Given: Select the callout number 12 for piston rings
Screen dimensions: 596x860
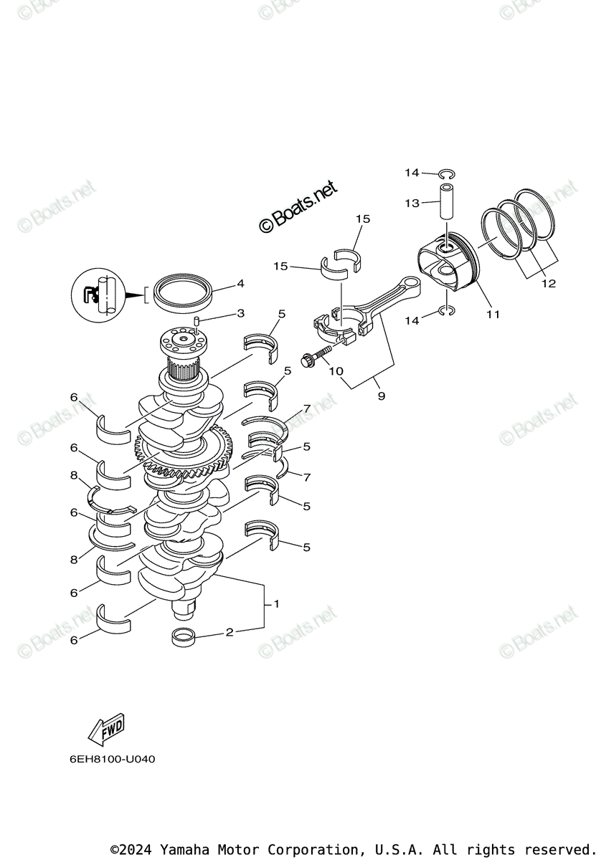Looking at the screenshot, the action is click(x=548, y=284).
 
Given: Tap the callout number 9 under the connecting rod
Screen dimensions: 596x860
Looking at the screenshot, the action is click(x=381, y=395).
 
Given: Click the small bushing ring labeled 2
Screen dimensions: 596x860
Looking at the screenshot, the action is click(x=184, y=635).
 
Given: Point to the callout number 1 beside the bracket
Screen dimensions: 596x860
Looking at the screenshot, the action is click(x=276, y=604).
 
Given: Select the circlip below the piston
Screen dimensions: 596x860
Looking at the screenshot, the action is click(x=446, y=311).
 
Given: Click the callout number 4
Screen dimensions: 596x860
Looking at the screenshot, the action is click(x=240, y=284).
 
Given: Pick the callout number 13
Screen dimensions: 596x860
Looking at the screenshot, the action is click(x=412, y=204).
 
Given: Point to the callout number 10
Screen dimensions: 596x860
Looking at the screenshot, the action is click(x=336, y=371).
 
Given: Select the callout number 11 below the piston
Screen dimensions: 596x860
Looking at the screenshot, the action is click(x=493, y=314).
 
